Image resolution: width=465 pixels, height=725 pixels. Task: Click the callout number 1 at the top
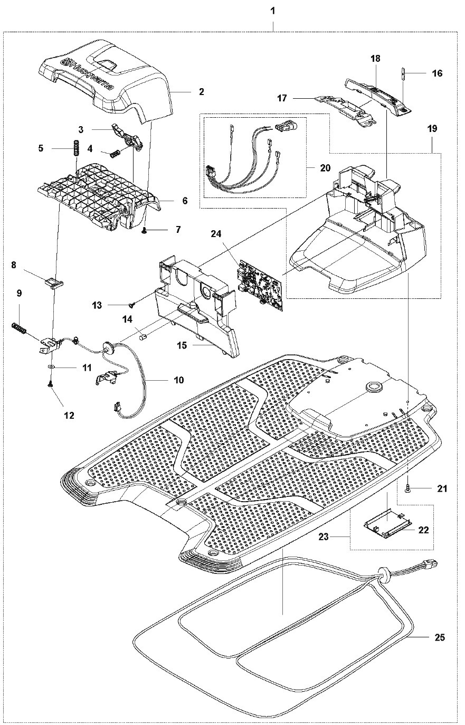273,11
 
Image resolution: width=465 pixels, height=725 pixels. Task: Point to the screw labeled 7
145,230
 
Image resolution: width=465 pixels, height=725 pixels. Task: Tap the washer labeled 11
51,367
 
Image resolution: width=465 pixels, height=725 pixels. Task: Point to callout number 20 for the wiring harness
325,168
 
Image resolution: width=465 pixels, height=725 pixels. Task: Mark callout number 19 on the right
432,128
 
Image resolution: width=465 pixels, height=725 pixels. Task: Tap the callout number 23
323,536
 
